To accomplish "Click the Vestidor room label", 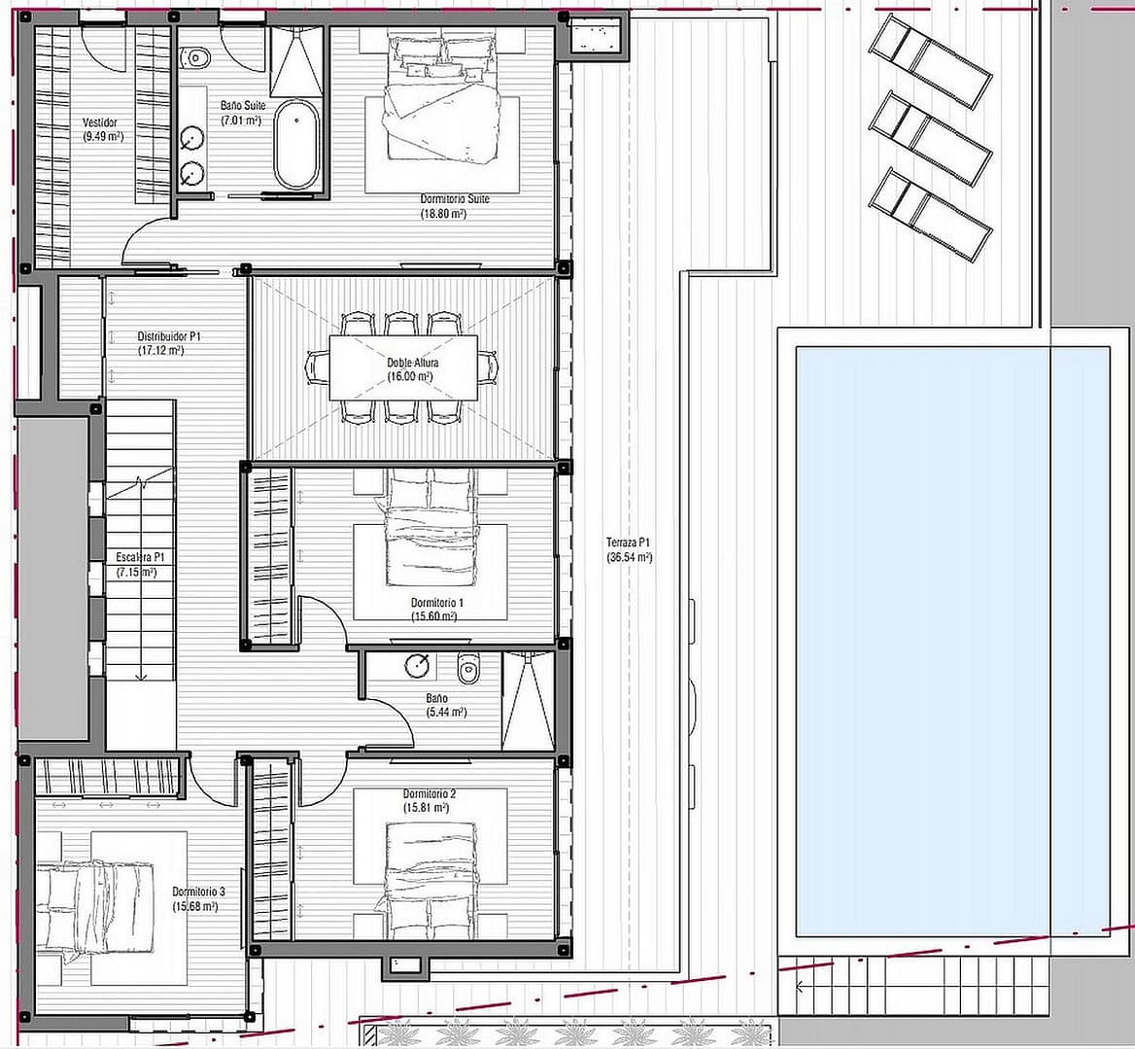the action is [100, 122].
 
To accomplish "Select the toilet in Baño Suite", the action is [195, 57].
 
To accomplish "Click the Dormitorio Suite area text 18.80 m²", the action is [443, 214].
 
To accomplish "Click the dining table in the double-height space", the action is [403, 367].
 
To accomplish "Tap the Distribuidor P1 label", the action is [169, 336].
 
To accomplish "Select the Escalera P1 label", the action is [141, 557].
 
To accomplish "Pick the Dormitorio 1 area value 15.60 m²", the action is [433, 616].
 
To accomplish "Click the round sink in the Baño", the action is [419, 665].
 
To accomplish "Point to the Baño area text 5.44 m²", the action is [447, 713].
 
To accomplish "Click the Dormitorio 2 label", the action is [430, 793].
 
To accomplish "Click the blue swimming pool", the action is [952, 642].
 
